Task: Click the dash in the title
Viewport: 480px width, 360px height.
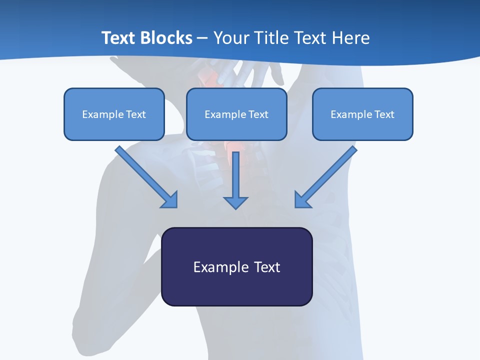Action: [202, 38]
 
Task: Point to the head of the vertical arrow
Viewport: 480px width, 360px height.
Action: [235, 202]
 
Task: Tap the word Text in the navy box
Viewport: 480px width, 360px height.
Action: [267, 267]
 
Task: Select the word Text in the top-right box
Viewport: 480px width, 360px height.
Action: [384, 114]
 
